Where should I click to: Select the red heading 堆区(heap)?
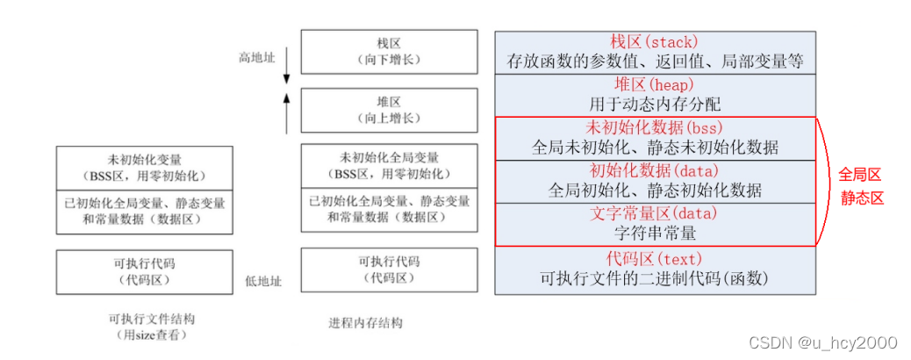click(655, 85)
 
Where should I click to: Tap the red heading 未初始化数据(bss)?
click(655, 127)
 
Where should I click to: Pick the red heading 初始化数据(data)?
click(655, 170)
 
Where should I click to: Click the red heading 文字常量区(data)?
click(655, 213)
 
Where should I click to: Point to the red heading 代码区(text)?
click(655, 258)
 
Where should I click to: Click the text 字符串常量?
click(655, 234)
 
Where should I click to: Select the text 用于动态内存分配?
click(655, 104)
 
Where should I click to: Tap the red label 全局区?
click(861, 174)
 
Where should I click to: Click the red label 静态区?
click(861, 198)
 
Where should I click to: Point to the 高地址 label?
click(258, 57)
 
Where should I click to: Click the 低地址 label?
click(263, 281)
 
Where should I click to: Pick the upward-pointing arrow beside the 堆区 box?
click(286, 112)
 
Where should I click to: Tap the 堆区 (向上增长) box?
click(389, 110)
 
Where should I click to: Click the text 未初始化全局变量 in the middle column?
click(389, 158)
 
